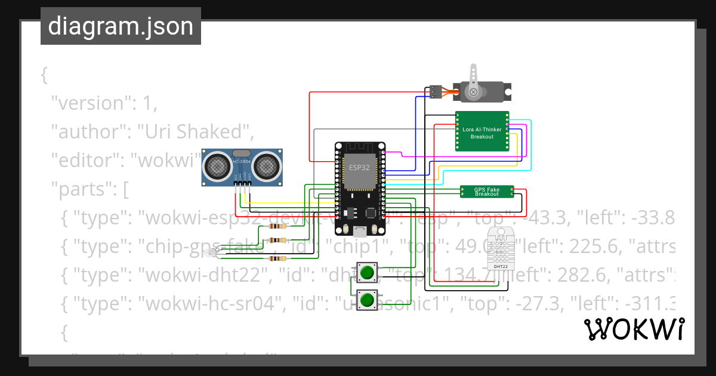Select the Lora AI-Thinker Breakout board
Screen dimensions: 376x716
point(482,132)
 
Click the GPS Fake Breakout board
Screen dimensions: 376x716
point(486,191)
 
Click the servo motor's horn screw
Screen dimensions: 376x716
point(474,92)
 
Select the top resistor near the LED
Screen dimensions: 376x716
point(276,226)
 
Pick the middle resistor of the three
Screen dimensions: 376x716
point(276,240)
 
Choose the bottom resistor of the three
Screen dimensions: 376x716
point(276,258)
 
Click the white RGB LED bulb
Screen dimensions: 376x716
point(210,254)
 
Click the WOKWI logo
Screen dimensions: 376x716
point(634,329)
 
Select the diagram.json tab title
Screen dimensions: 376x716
point(121,26)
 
